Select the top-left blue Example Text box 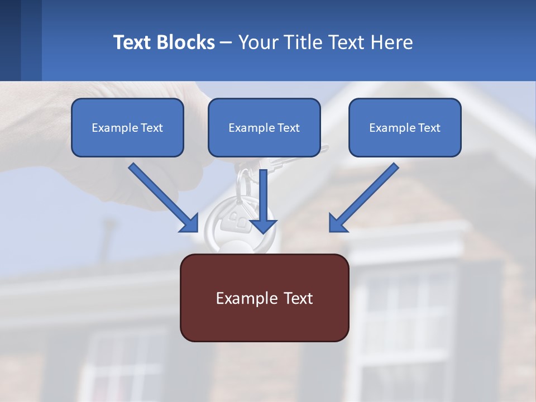(x=127, y=127)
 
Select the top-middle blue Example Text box (x=264, y=127)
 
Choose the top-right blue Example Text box (x=405, y=127)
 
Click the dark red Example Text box (x=264, y=298)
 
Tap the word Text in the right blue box (x=429, y=128)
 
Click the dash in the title (x=226, y=42)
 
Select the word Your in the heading (x=257, y=42)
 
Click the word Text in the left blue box (x=151, y=128)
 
